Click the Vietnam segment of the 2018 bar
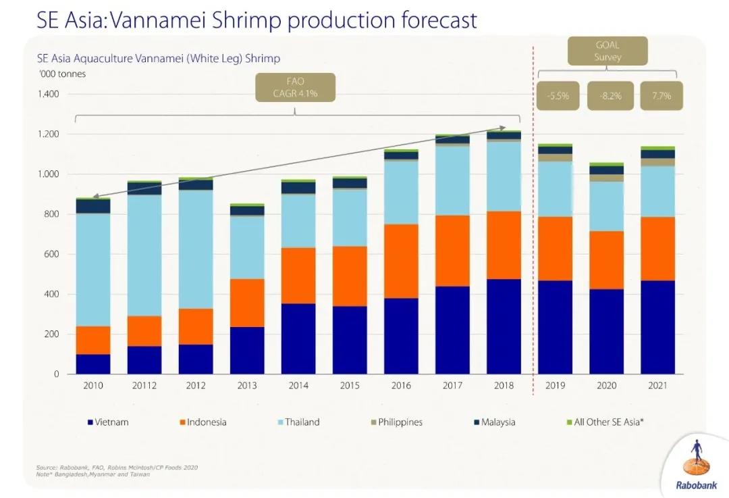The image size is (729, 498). (x=504, y=326)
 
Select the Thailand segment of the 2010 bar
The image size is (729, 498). (x=93, y=270)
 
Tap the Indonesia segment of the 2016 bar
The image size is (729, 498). (x=401, y=261)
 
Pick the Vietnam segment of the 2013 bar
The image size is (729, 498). (x=247, y=350)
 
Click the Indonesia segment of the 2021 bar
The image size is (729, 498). (x=657, y=249)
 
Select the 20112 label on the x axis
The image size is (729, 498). (x=144, y=387)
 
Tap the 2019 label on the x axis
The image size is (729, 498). (x=555, y=387)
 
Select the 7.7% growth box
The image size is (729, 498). (x=661, y=96)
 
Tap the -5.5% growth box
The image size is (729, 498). (x=558, y=96)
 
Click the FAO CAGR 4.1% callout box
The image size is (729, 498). (x=295, y=88)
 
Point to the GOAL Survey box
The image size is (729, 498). (x=607, y=51)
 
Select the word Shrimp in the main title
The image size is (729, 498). (x=247, y=20)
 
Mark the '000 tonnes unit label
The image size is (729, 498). (x=62, y=74)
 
